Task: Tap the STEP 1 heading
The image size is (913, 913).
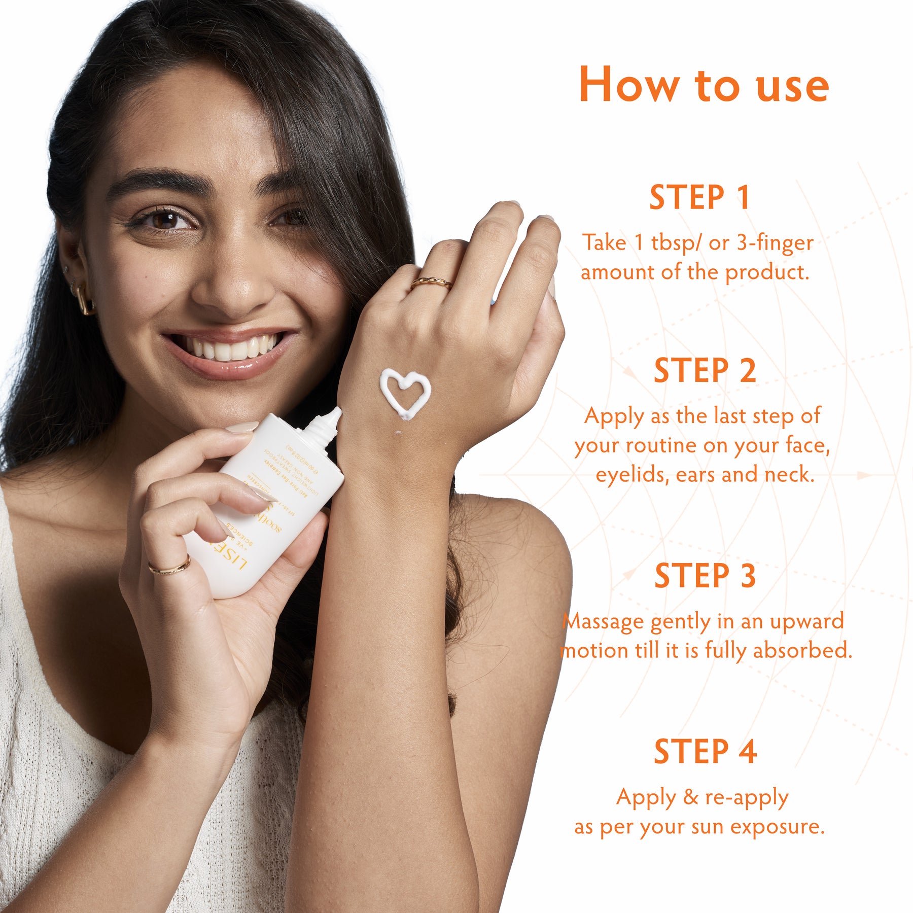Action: [x=699, y=198]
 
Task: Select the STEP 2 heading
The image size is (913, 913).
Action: [x=705, y=371]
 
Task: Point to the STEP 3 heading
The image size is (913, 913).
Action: [x=705, y=576]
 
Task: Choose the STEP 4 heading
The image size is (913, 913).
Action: [x=705, y=752]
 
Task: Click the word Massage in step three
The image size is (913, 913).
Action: [x=604, y=622]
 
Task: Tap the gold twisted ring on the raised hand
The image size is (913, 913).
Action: [x=431, y=283]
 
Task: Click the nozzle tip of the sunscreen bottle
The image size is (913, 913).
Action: [x=335, y=413]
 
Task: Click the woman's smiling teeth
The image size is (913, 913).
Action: [x=228, y=349]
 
